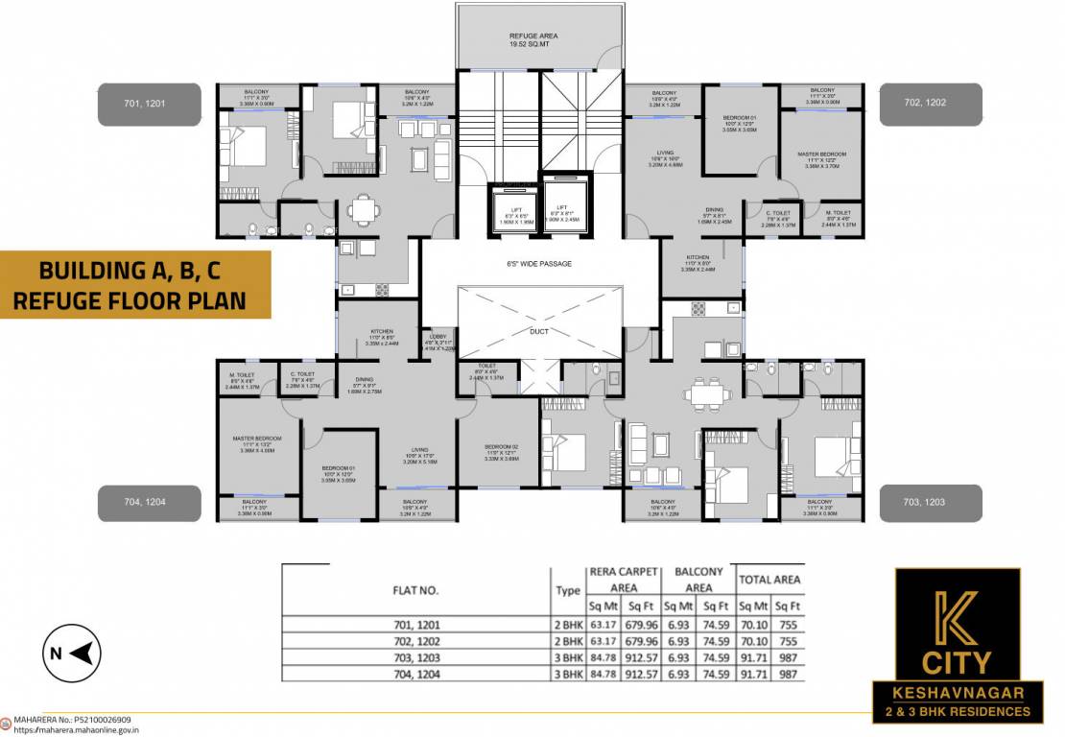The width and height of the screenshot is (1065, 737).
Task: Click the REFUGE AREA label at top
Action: coord(533,36)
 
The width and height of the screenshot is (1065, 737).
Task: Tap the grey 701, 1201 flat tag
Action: coord(149,104)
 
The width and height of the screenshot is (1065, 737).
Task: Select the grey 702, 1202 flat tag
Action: coord(931,104)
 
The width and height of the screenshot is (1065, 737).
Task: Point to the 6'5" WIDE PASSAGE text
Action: coord(539,263)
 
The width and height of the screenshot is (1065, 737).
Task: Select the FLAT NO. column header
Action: coord(415,590)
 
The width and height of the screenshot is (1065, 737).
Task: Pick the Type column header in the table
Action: coord(568,591)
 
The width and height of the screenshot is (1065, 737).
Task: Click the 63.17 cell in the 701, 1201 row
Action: coord(602,625)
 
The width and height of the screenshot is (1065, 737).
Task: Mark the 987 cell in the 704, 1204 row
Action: coord(787,674)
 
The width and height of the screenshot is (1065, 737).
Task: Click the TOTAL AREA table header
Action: coord(769,580)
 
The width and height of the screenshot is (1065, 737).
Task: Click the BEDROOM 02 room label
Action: coord(499,448)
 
